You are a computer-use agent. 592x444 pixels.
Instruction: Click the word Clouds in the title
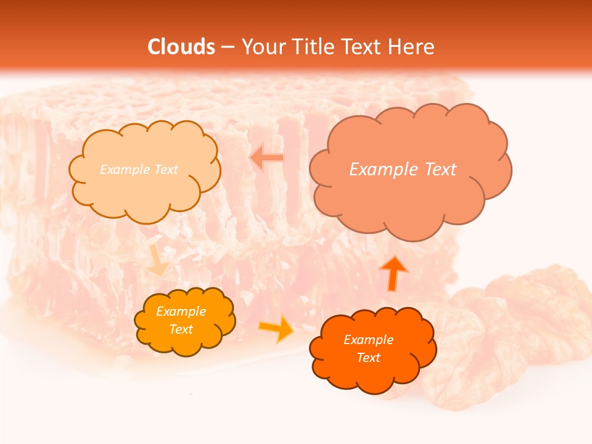(181, 47)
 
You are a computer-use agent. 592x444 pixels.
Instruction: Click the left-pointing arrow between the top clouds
(267, 157)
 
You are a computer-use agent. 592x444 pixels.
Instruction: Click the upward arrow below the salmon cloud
(392, 272)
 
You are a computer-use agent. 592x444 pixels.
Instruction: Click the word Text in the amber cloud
(181, 329)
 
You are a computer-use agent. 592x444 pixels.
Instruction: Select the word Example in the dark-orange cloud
(368, 340)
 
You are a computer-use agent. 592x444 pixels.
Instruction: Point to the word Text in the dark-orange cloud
(368, 358)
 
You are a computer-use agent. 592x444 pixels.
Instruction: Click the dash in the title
(228, 47)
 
